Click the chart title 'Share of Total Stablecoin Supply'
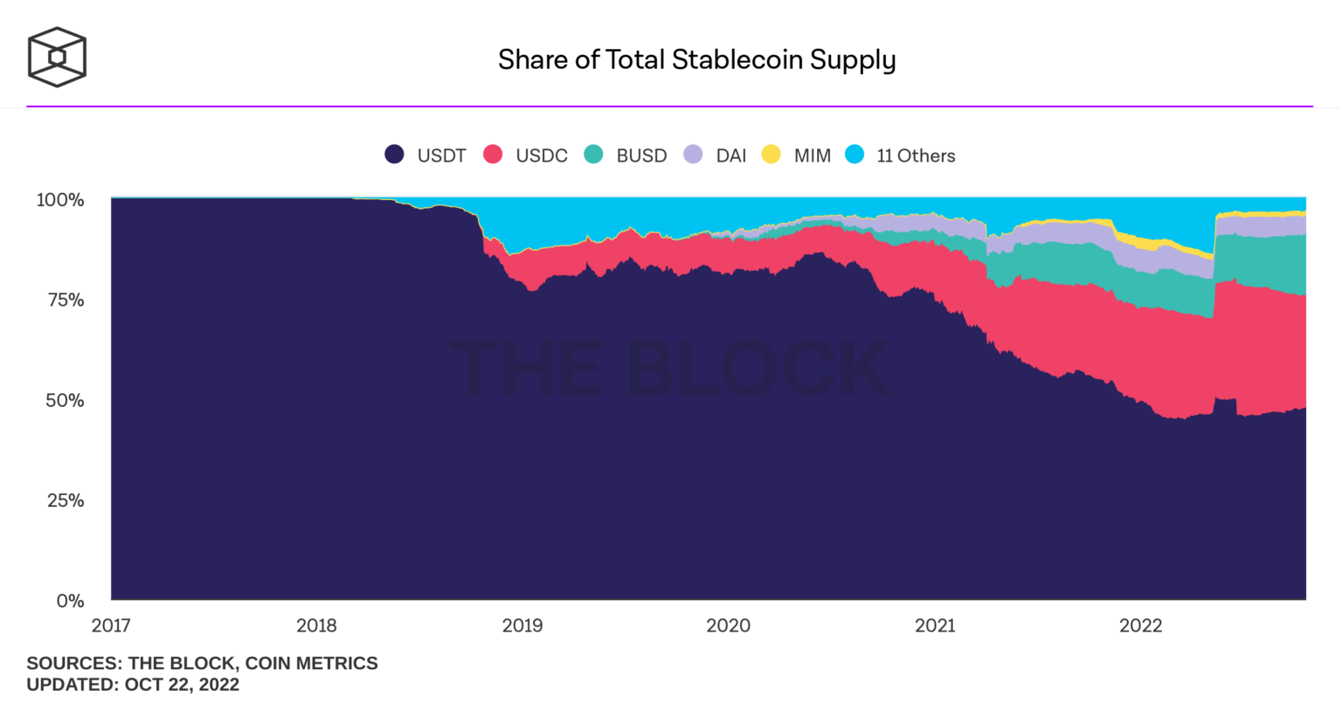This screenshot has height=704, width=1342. click(x=696, y=59)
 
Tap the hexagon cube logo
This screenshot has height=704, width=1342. click(x=57, y=58)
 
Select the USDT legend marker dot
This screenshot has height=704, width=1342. click(x=395, y=155)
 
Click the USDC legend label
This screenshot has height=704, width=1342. click(x=541, y=155)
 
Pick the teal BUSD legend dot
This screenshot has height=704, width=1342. click(x=594, y=155)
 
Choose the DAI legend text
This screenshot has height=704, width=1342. click(x=730, y=155)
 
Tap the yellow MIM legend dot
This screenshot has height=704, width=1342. click(x=771, y=155)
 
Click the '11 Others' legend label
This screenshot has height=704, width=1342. click(x=916, y=155)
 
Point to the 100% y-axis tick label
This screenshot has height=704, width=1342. click(x=60, y=200)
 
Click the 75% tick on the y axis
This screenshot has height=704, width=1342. click(x=65, y=300)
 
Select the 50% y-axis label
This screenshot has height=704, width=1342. click(x=65, y=401)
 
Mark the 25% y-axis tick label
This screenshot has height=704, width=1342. click(x=65, y=500)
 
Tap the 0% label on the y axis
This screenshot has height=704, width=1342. click(x=70, y=601)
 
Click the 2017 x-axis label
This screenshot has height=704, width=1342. click(x=111, y=625)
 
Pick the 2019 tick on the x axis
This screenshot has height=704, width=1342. click(x=522, y=625)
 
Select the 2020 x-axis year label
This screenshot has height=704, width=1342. click(x=728, y=625)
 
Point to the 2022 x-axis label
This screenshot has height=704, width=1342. click(x=1140, y=625)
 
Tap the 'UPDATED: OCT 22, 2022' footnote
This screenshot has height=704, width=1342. click(x=133, y=685)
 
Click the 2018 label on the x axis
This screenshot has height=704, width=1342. click(x=316, y=625)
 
